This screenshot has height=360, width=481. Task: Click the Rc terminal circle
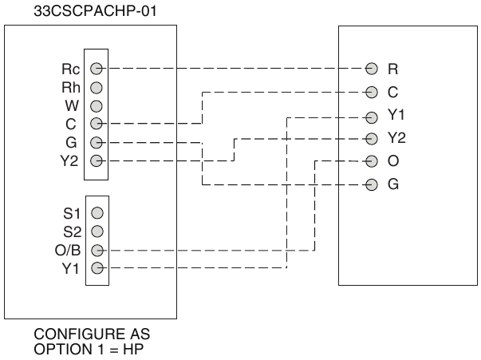click(97, 68)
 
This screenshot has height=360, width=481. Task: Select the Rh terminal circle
click(97, 88)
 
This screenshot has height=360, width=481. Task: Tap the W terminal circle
click(97, 106)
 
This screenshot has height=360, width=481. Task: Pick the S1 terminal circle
click(97, 213)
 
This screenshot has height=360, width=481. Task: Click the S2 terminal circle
click(97, 231)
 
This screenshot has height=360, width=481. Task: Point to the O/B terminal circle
click(97, 251)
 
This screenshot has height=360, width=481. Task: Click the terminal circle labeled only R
click(372, 69)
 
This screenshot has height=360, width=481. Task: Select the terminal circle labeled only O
click(372, 161)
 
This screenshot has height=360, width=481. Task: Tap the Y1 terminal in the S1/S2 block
click(97, 268)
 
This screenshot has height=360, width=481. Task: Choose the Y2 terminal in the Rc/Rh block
click(97, 160)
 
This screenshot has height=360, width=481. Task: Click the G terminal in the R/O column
click(372, 184)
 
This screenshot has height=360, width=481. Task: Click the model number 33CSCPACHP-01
click(95, 11)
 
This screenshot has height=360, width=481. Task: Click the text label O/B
click(68, 251)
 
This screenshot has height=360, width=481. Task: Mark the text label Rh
click(71, 88)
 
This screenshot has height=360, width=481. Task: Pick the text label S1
click(72, 214)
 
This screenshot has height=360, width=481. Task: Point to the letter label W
click(72, 106)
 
